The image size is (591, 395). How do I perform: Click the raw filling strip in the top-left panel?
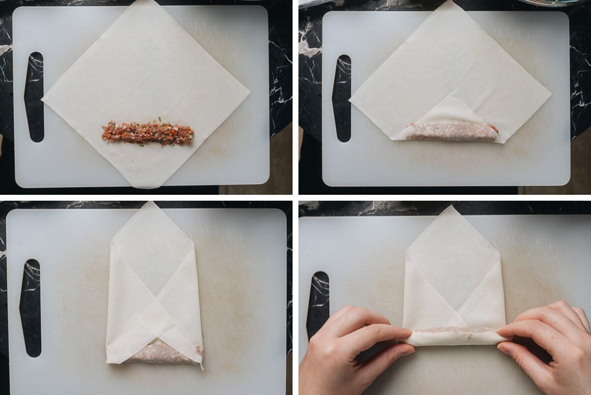pos(148,133)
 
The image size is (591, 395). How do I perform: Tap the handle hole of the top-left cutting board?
pos(34,97)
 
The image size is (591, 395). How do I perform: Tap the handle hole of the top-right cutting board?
pos(341,98)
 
